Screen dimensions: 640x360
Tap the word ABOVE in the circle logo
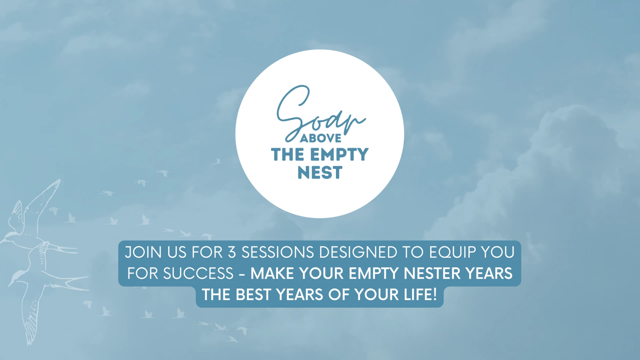(321, 138)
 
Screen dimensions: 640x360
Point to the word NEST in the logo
(320, 173)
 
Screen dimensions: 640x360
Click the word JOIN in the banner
(144, 252)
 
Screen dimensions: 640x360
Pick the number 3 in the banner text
(232, 252)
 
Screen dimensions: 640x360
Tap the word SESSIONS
(278, 252)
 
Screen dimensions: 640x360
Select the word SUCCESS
(198, 274)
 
